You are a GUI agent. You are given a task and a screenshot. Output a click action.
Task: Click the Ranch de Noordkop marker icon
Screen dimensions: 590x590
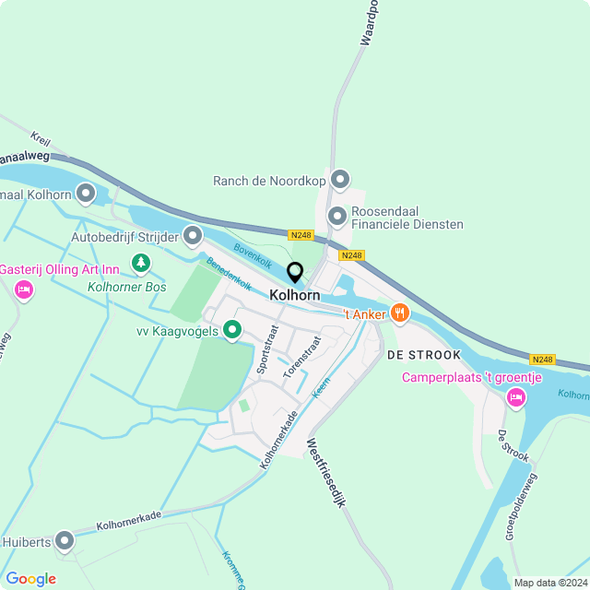tap(340, 179)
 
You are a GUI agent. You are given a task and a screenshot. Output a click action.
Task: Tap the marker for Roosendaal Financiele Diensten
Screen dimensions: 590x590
tap(337, 216)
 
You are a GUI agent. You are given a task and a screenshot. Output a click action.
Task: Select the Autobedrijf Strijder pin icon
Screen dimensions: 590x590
tap(193, 236)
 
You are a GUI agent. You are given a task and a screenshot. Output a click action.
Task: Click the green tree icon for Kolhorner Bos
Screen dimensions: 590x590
tap(140, 265)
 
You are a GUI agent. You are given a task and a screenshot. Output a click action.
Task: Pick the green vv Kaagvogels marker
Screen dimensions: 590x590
tap(232, 328)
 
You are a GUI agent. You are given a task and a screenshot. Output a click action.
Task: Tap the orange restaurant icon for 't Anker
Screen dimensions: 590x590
tap(399, 313)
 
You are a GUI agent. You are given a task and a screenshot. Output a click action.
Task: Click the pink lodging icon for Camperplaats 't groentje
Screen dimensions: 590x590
tap(515, 397)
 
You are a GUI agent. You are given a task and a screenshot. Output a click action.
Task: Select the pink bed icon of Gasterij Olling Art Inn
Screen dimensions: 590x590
tap(24, 290)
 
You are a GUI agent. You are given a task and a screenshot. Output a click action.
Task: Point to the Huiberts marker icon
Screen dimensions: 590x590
tap(64, 540)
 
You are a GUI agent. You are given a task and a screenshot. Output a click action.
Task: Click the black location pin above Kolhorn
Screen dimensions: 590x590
tap(295, 273)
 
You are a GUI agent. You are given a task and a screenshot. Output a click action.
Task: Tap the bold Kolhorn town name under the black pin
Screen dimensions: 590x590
tap(295, 295)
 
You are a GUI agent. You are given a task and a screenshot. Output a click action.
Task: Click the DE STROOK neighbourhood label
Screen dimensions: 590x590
tap(423, 354)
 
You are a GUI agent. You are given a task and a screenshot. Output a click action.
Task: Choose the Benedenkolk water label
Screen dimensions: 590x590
tap(229, 274)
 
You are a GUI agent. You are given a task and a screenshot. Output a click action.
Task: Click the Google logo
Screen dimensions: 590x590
tap(30, 579)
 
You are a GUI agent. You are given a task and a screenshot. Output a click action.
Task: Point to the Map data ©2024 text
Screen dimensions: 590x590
tap(549, 583)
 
